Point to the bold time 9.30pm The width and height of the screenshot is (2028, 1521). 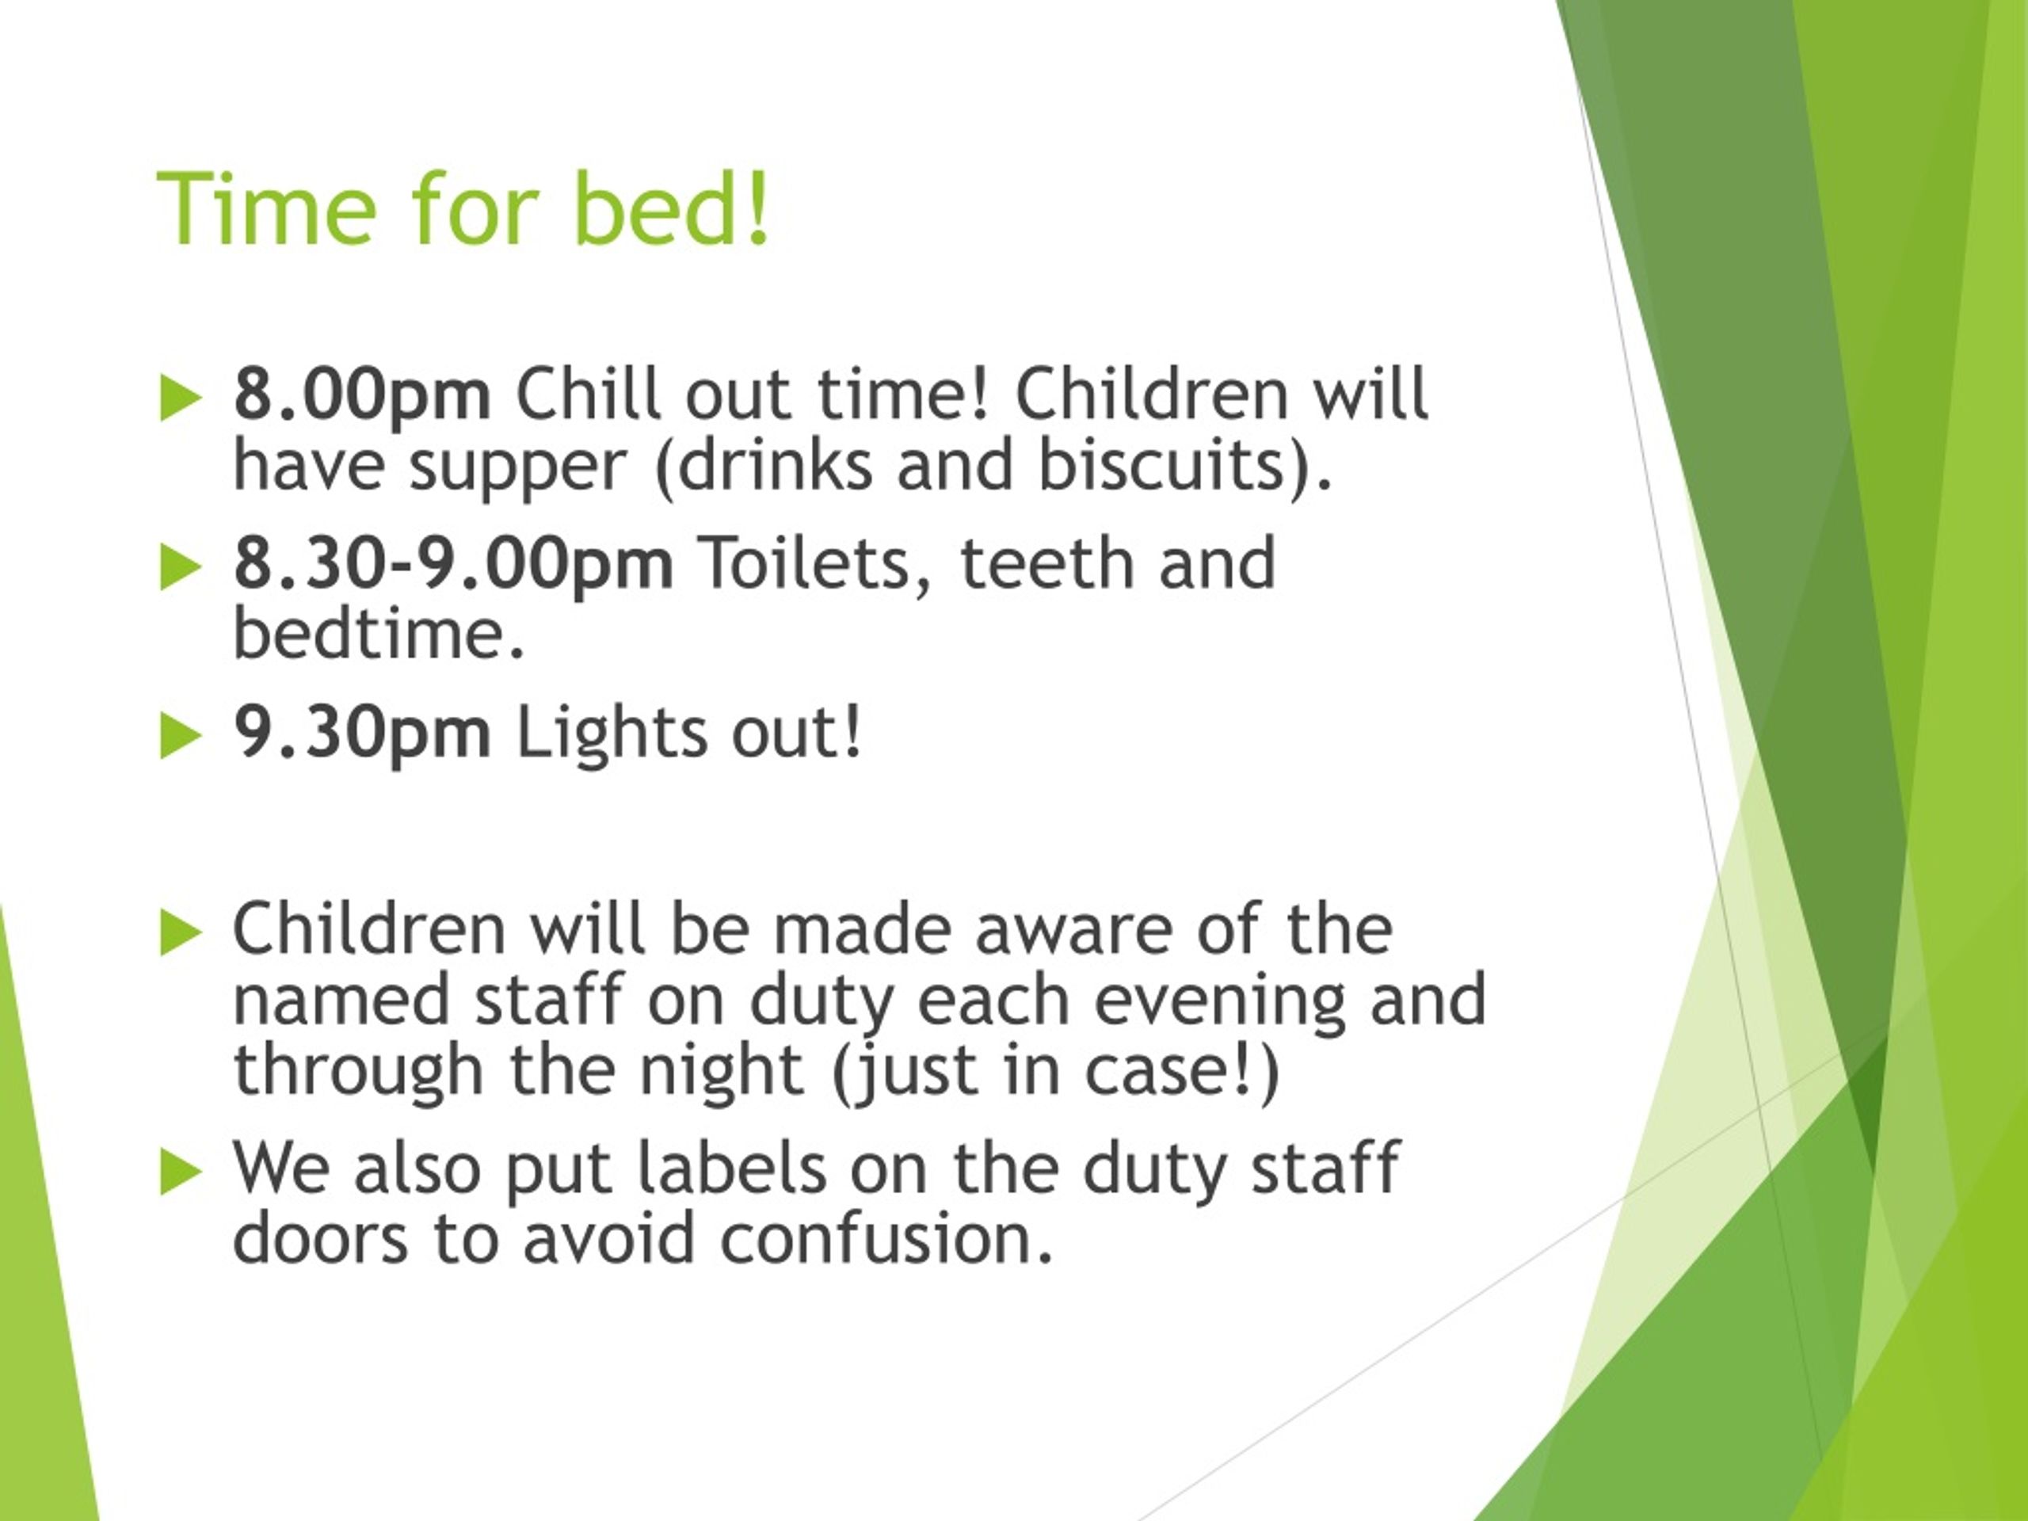coord(362,734)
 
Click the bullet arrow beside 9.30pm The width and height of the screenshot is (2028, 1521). coord(180,736)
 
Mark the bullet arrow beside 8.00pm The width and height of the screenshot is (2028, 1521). coord(180,398)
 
